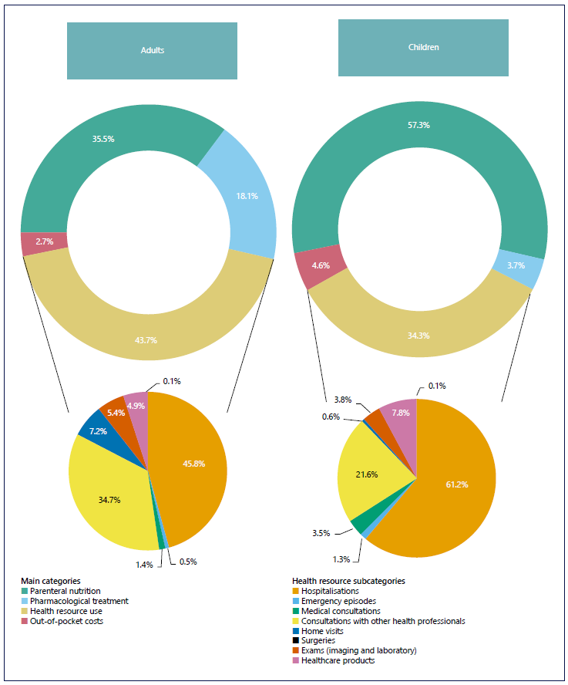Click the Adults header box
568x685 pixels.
(x=152, y=51)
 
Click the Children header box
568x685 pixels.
(x=423, y=48)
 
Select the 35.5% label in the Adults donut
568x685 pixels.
(x=103, y=140)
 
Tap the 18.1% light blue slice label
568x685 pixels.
(x=247, y=196)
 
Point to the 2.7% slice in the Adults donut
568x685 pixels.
(x=44, y=242)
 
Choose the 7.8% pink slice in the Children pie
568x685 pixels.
(x=401, y=413)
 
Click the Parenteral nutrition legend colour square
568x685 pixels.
(x=24, y=591)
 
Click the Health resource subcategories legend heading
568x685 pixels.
(x=348, y=581)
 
